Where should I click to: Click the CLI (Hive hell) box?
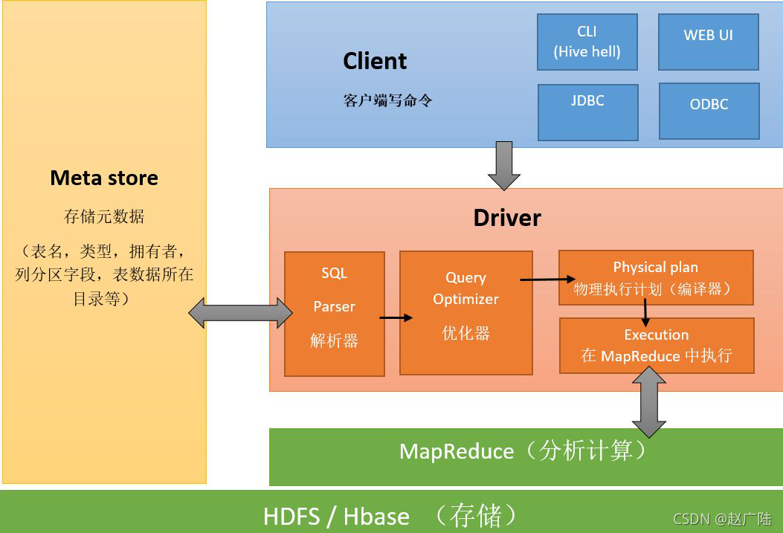coord(587,42)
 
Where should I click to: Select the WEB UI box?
coord(709,42)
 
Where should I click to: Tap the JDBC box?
coord(587,112)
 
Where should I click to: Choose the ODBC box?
coord(709,112)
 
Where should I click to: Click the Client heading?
coord(375,61)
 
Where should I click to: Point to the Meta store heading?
coord(104,178)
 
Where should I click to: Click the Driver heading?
coord(507,218)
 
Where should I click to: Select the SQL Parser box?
coord(335,314)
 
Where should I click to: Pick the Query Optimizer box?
coord(466,313)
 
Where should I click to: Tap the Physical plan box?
coord(656,278)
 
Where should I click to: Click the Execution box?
coord(657,346)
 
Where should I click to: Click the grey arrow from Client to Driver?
coord(504,166)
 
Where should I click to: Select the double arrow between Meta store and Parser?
coord(240,313)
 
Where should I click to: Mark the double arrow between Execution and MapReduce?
coord(648,402)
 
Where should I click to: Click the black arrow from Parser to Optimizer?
coord(396,317)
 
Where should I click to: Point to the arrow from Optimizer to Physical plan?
coord(547,280)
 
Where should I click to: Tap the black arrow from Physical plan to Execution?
coord(645,312)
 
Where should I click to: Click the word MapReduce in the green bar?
coord(457,452)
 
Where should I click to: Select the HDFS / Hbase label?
coord(337,516)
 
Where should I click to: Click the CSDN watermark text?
coord(722,519)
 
